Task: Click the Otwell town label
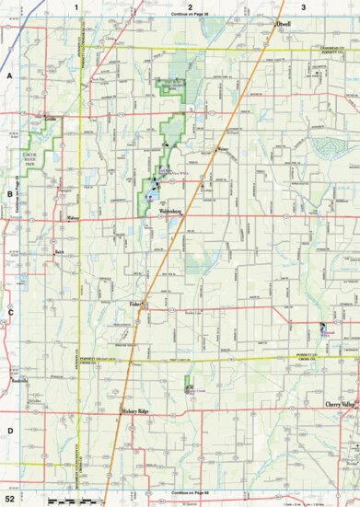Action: (283, 24)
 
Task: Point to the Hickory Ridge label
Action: (139, 410)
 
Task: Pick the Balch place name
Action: (59, 250)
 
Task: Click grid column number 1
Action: (89, 7)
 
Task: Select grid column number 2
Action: (189, 7)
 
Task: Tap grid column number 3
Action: (303, 7)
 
